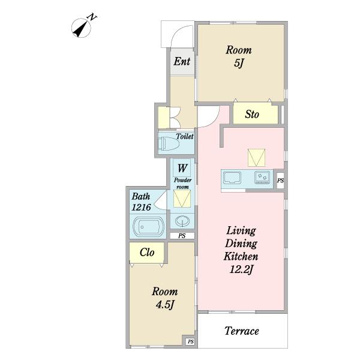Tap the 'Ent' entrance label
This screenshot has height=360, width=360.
coord(182,61)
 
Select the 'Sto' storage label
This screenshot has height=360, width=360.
coord(252,114)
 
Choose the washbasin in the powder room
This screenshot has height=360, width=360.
coord(182,221)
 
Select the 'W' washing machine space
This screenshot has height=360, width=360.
coord(182,168)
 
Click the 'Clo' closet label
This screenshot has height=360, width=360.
coord(147,253)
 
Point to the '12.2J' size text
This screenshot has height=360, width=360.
coord(242,269)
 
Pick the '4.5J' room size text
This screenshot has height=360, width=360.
coord(164,305)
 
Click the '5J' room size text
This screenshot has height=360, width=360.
coord(239,63)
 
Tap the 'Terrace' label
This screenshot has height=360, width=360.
coord(242,331)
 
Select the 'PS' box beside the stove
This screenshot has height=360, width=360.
coord(280,181)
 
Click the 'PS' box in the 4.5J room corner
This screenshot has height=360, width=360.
coord(191,341)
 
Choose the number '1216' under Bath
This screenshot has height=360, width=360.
coord(141,208)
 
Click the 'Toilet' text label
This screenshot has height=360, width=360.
coord(185,136)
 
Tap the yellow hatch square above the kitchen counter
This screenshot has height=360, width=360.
coord(256,158)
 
